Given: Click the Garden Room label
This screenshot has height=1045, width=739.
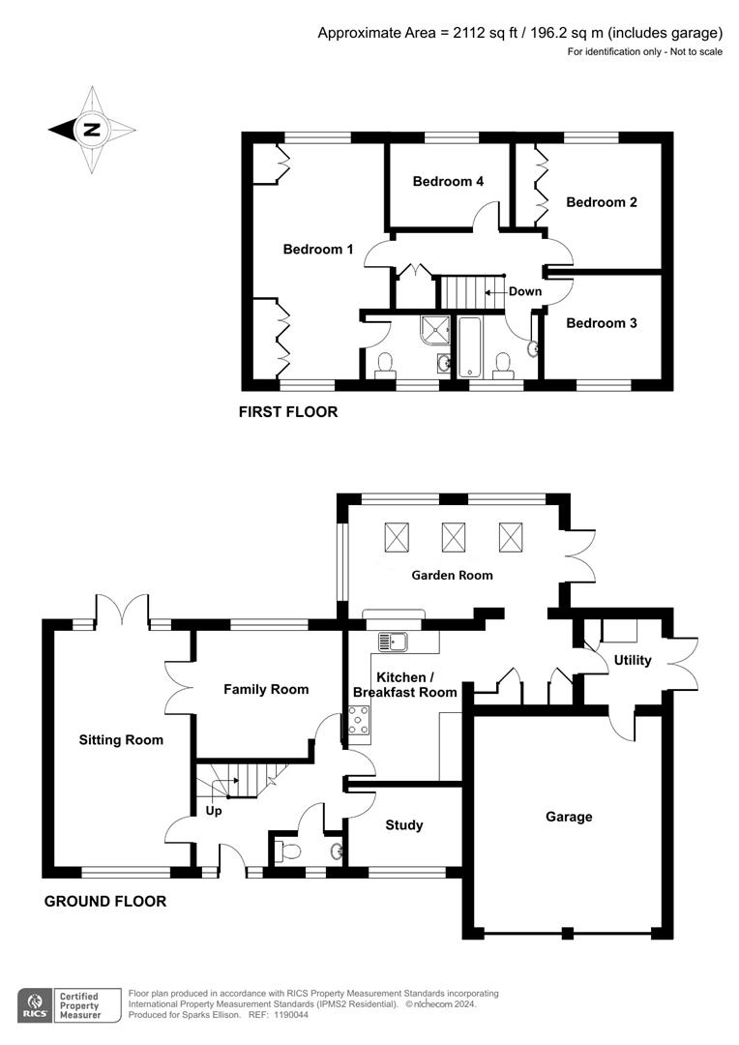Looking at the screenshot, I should (452, 575).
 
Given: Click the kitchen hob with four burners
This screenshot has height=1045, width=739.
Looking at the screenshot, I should (358, 721).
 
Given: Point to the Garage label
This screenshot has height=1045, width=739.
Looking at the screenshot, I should (568, 817).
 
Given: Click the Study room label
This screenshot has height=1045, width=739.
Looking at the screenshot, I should (403, 825).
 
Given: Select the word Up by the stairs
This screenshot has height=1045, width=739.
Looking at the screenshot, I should (214, 811).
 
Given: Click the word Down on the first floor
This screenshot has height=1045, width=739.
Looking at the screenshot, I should (525, 291).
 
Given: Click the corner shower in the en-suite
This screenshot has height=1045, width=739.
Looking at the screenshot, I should (436, 331).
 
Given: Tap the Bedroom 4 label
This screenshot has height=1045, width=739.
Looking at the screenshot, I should (447, 181).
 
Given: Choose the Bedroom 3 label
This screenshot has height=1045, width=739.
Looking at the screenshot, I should (601, 323).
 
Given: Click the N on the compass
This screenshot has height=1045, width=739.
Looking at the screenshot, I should (91, 130).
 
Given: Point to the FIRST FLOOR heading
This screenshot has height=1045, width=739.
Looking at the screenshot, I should (288, 412).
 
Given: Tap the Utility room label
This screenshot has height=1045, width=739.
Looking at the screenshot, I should (633, 660).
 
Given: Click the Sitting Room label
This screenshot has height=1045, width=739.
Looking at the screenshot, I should (121, 740).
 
